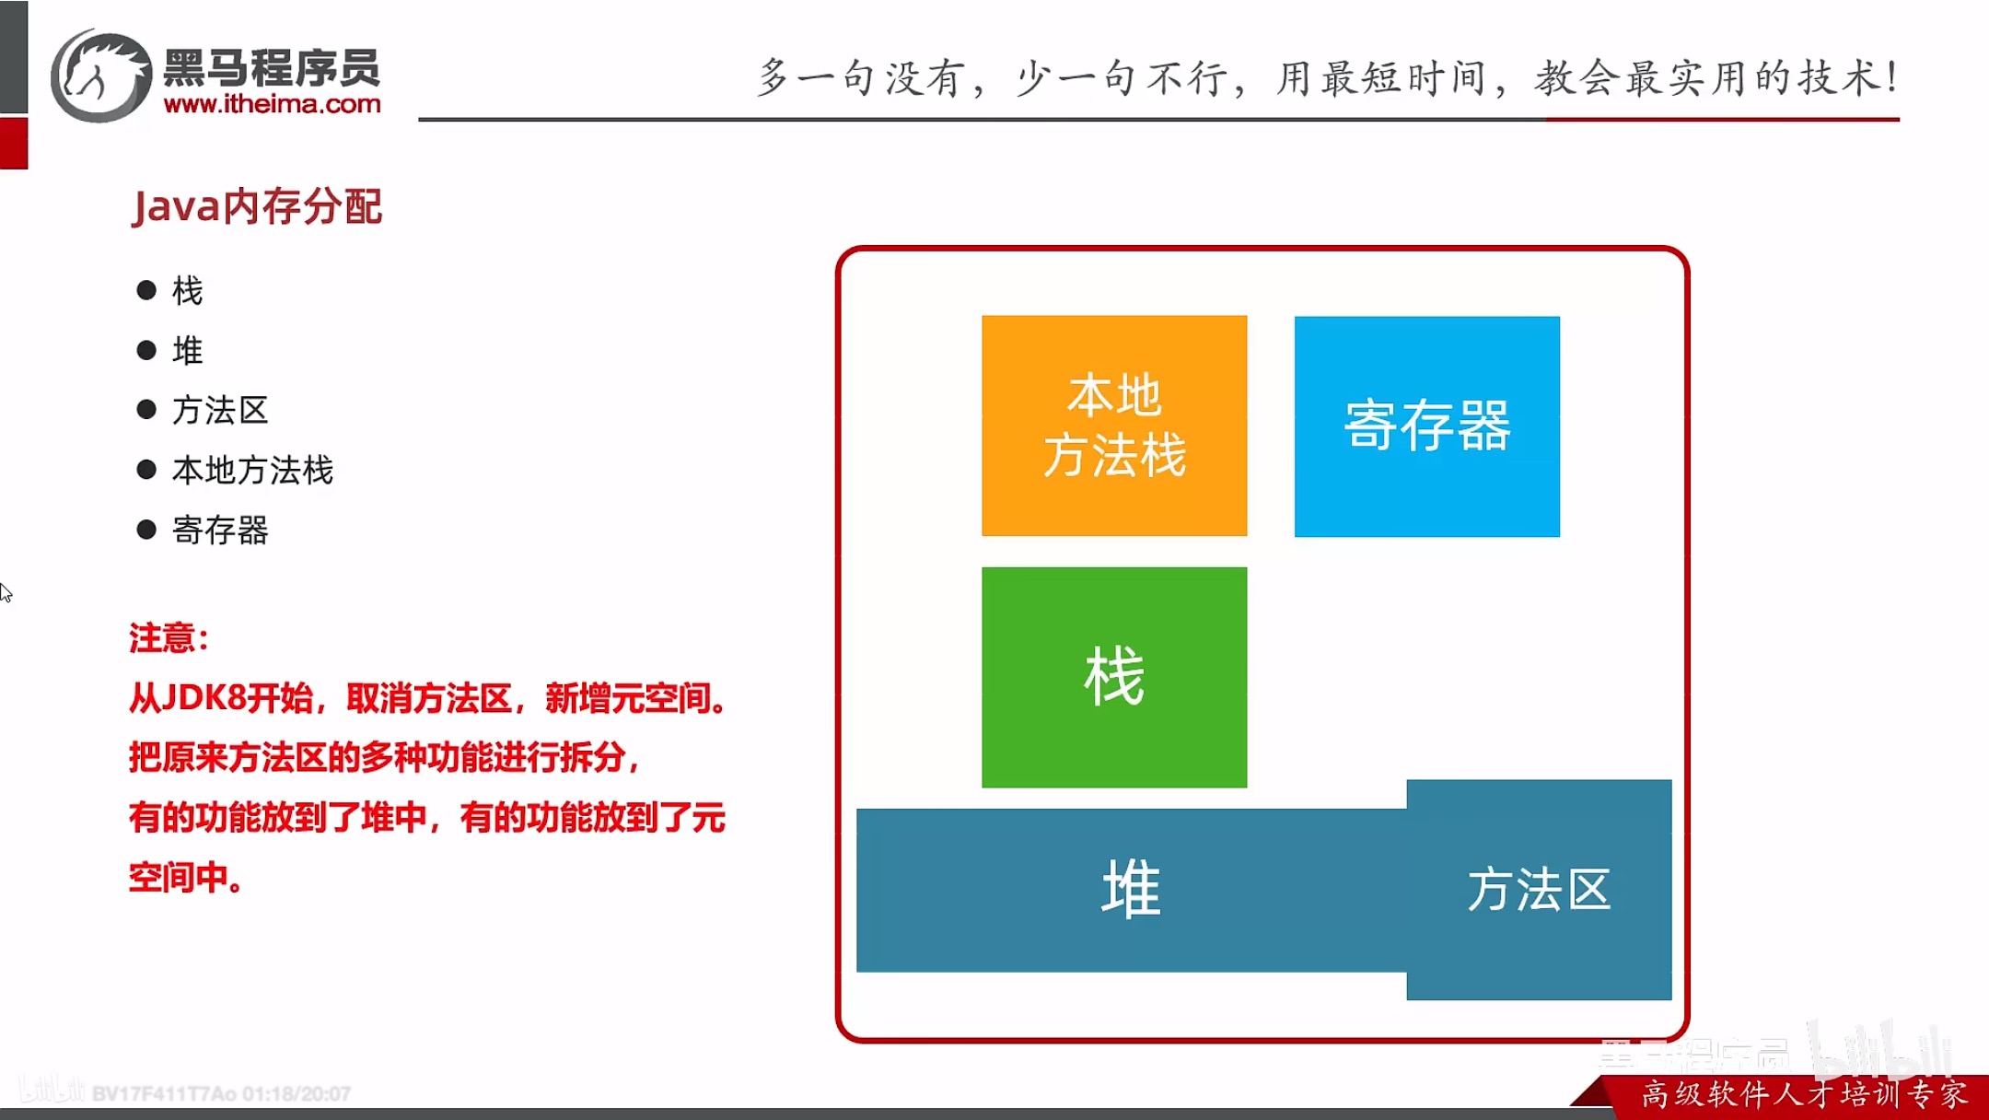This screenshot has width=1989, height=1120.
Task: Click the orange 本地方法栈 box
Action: (1114, 426)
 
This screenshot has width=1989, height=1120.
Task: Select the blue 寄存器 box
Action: (1426, 426)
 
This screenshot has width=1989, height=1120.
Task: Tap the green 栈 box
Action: (1114, 677)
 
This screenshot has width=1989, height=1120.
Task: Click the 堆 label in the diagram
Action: (1131, 889)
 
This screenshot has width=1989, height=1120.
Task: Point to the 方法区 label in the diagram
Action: (1539, 890)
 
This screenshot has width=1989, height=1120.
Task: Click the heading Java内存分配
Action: (257, 206)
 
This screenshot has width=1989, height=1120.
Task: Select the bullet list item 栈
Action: (187, 291)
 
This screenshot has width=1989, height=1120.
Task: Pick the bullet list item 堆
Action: (187, 351)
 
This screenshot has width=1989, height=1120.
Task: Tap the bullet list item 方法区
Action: (220, 411)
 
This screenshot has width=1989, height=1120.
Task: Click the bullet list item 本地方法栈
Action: (252, 471)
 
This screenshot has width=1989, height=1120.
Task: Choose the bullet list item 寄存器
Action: (220, 531)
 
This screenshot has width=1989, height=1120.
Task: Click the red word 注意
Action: (162, 638)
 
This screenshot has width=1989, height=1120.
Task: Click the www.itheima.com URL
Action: (272, 104)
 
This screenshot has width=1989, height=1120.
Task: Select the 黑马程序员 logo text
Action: (272, 67)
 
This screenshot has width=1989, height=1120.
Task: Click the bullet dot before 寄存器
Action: (146, 530)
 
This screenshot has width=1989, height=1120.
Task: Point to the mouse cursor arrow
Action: (6, 592)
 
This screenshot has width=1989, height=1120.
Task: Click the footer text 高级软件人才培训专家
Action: (1804, 1094)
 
